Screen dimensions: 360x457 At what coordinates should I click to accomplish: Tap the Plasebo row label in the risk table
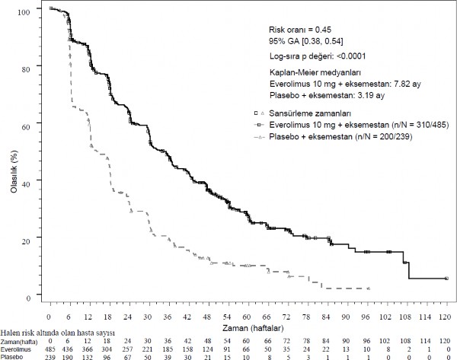(x=12, y=355)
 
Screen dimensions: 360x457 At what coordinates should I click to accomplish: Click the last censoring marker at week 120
(x=446, y=279)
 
